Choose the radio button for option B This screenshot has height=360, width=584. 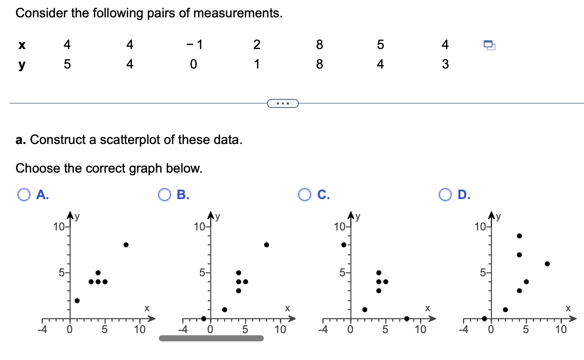tap(164, 195)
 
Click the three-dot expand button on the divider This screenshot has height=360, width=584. tap(283, 103)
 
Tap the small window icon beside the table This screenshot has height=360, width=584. tap(489, 45)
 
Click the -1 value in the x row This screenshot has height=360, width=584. tap(194, 45)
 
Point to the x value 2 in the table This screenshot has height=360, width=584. tap(257, 45)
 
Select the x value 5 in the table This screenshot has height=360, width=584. tap(381, 45)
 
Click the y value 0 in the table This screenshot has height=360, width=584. tap(194, 65)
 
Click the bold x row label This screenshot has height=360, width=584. tap(21, 45)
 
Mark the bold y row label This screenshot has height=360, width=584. tap(21, 65)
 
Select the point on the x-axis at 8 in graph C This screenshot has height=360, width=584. tap(407, 318)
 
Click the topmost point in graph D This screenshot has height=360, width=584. tap(519, 236)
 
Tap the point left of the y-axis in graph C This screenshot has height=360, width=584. tap(344, 245)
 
